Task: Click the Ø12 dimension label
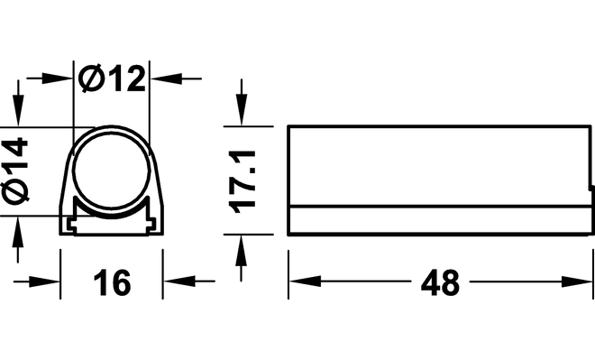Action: (112, 79)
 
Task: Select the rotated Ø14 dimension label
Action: (15, 171)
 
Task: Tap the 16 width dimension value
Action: (112, 282)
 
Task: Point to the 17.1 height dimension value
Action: (243, 181)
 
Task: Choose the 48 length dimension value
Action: (440, 282)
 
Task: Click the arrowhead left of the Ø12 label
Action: (57, 78)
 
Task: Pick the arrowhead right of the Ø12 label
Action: (166, 79)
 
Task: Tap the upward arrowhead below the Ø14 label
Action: (18, 232)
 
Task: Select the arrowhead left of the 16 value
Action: (44, 282)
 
